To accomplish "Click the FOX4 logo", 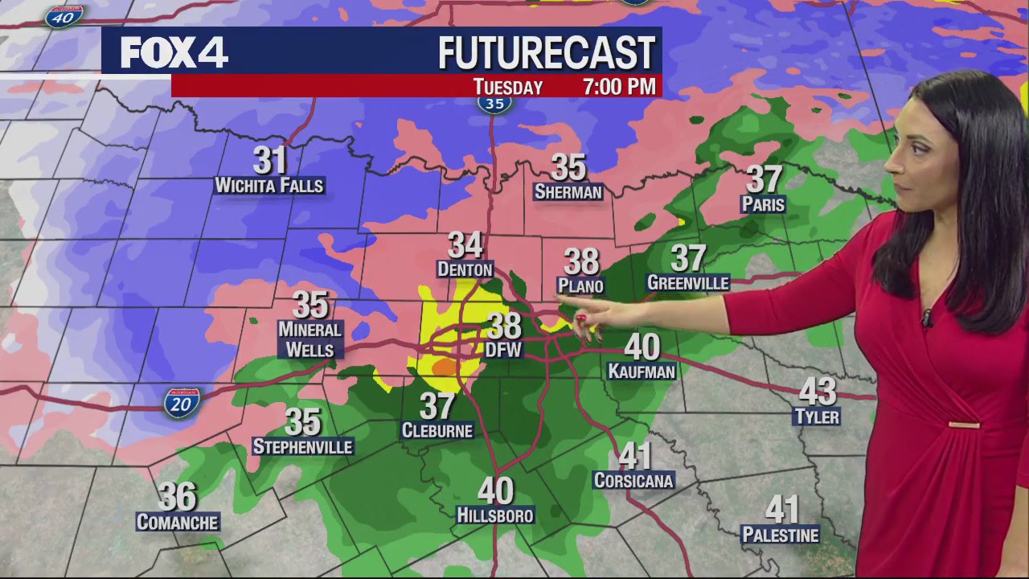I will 174,53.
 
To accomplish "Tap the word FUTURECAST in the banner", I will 547,54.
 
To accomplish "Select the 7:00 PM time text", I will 619,87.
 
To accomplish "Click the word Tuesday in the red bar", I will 508,87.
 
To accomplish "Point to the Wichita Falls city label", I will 269,186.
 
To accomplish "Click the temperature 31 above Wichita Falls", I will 270,160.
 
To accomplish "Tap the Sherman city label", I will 568,192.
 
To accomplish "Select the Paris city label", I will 763,204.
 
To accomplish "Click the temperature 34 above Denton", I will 465,244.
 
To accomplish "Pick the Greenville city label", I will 688,283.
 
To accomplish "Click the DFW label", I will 504,350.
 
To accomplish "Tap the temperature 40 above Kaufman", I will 642,347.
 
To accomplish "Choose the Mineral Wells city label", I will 310,339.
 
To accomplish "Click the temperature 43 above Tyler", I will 817,392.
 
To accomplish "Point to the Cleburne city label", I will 437,431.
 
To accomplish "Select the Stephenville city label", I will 302,446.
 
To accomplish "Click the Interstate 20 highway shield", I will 182,402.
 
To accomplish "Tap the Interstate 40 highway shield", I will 64,15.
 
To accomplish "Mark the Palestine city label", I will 780,535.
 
